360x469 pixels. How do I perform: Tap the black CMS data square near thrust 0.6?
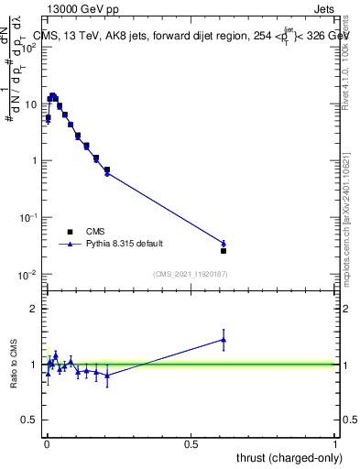[224, 250]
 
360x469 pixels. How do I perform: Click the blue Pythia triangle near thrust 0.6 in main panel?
[224, 243]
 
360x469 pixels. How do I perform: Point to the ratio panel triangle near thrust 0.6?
[224, 340]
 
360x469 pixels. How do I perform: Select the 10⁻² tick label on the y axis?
[27, 274]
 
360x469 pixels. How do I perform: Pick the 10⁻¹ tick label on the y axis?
[27, 217]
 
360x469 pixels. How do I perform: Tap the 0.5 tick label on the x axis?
[191, 444]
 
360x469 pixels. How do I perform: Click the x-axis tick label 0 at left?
[46, 444]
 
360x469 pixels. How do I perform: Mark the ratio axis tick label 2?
[33, 309]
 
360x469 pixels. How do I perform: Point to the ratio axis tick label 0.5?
[29, 420]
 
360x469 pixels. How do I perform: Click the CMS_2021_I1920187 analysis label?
[191, 274]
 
